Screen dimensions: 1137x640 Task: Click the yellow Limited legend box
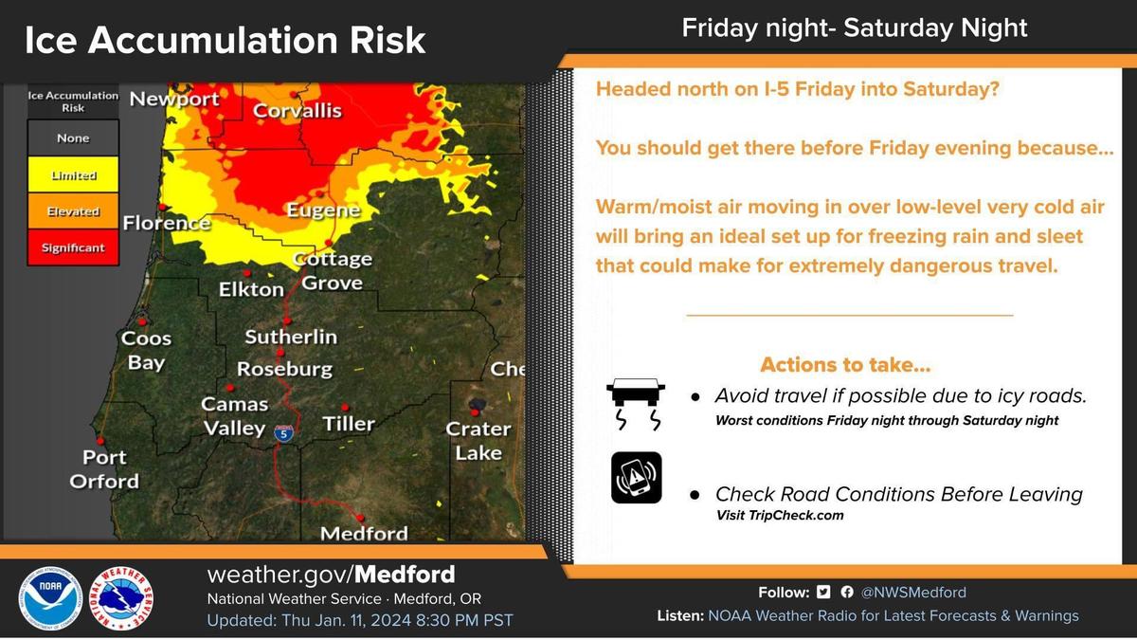[x=73, y=174]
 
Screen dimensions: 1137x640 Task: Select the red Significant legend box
[x=73, y=247]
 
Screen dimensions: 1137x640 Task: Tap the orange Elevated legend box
[x=73, y=210]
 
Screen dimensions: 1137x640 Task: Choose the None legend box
[x=73, y=137]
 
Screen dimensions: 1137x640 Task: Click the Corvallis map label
[x=298, y=111]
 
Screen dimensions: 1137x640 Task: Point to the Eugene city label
[x=324, y=210]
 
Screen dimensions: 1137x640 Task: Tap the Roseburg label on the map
[x=285, y=369]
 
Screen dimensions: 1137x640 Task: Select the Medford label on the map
[x=364, y=533]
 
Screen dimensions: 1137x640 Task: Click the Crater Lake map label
[x=478, y=440]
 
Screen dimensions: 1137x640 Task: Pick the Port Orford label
[x=104, y=468]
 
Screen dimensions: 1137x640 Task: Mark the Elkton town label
[x=251, y=289]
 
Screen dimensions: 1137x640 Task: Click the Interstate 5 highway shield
[x=283, y=433]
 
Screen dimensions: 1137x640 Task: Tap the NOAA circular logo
[x=49, y=599]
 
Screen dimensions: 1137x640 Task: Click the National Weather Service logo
[x=121, y=599]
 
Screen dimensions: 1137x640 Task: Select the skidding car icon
[x=636, y=404]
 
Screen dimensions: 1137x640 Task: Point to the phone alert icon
[x=637, y=478]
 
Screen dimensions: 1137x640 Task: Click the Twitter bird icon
[x=823, y=592]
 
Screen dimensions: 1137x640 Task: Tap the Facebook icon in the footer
[x=847, y=592]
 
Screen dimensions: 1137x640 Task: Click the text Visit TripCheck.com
[x=780, y=515]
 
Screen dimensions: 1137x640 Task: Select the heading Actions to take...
[x=845, y=365]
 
